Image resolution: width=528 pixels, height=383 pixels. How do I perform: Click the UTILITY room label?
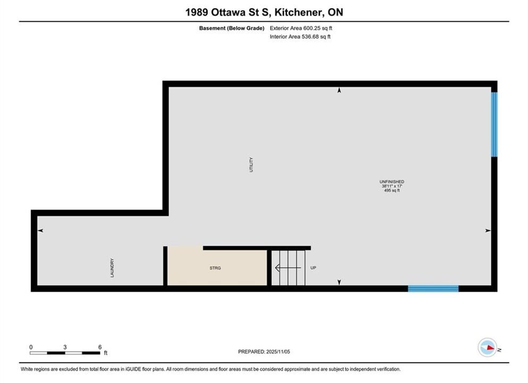(251, 165)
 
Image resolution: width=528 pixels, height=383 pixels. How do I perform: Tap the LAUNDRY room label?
(112, 268)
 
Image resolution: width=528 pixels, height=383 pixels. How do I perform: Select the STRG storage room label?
(215, 268)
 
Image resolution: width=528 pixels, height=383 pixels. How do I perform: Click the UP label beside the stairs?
(313, 268)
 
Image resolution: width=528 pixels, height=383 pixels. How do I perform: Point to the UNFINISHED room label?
(392, 181)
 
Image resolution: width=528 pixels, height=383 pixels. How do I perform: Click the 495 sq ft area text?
(392, 190)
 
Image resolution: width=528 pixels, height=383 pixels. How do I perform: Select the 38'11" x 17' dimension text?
(392, 186)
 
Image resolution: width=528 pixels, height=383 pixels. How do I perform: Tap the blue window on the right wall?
(494, 124)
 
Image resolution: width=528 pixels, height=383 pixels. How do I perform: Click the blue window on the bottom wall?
(433, 288)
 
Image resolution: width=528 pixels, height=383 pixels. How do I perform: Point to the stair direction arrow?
(288, 268)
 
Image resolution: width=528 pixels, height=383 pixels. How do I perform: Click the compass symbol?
(487, 347)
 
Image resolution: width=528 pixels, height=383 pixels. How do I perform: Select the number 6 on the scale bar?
(99, 347)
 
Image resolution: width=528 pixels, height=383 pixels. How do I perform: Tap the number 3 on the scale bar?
(65, 347)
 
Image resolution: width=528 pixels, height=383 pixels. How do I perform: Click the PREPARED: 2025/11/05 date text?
(264, 352)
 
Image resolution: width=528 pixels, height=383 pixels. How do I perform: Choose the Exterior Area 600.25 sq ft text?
(301, 28)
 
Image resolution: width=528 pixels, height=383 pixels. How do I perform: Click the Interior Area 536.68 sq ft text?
(300, 37)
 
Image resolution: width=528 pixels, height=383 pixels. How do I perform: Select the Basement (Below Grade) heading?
(232, 28)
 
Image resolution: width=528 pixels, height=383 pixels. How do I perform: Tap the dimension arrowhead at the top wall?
(339, 90)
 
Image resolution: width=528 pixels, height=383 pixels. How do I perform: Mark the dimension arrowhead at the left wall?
(40, 230)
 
